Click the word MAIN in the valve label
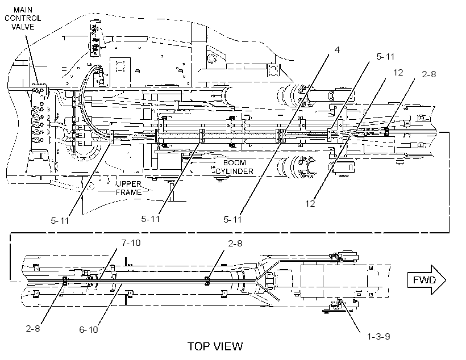[23, 10]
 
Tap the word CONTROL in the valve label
[23, 18]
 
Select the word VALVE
[23, 27]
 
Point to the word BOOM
[235, 163]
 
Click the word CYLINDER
[235, 171]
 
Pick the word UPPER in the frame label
[128, 184]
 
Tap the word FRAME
[128, 192]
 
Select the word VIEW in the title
[228, 346]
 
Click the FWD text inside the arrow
[424, 280]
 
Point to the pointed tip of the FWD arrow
[446, 280]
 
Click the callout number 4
[337, 49]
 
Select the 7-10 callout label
[131, 243]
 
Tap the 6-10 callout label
[89, 330]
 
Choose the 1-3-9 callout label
[378, 337]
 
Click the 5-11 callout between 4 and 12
[385, 57]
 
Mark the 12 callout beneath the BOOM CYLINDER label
[310, 204]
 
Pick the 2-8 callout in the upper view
[429, 74]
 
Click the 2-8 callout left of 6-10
[33, 329]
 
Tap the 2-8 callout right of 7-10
[235, 244]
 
